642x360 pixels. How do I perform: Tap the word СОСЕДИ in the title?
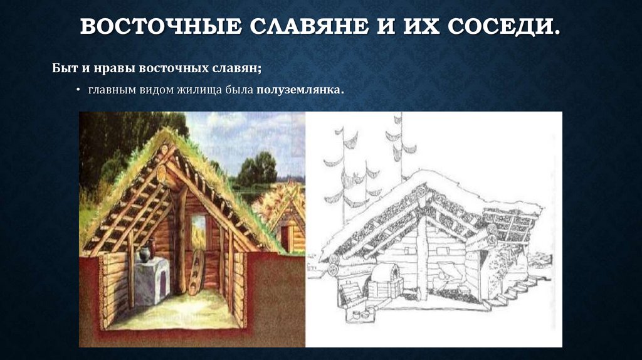click(510, 28)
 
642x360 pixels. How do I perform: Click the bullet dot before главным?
click(78, 91)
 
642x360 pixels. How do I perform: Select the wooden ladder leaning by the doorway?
click(196, 271)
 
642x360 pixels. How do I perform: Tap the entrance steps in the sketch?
click(520, 292)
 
